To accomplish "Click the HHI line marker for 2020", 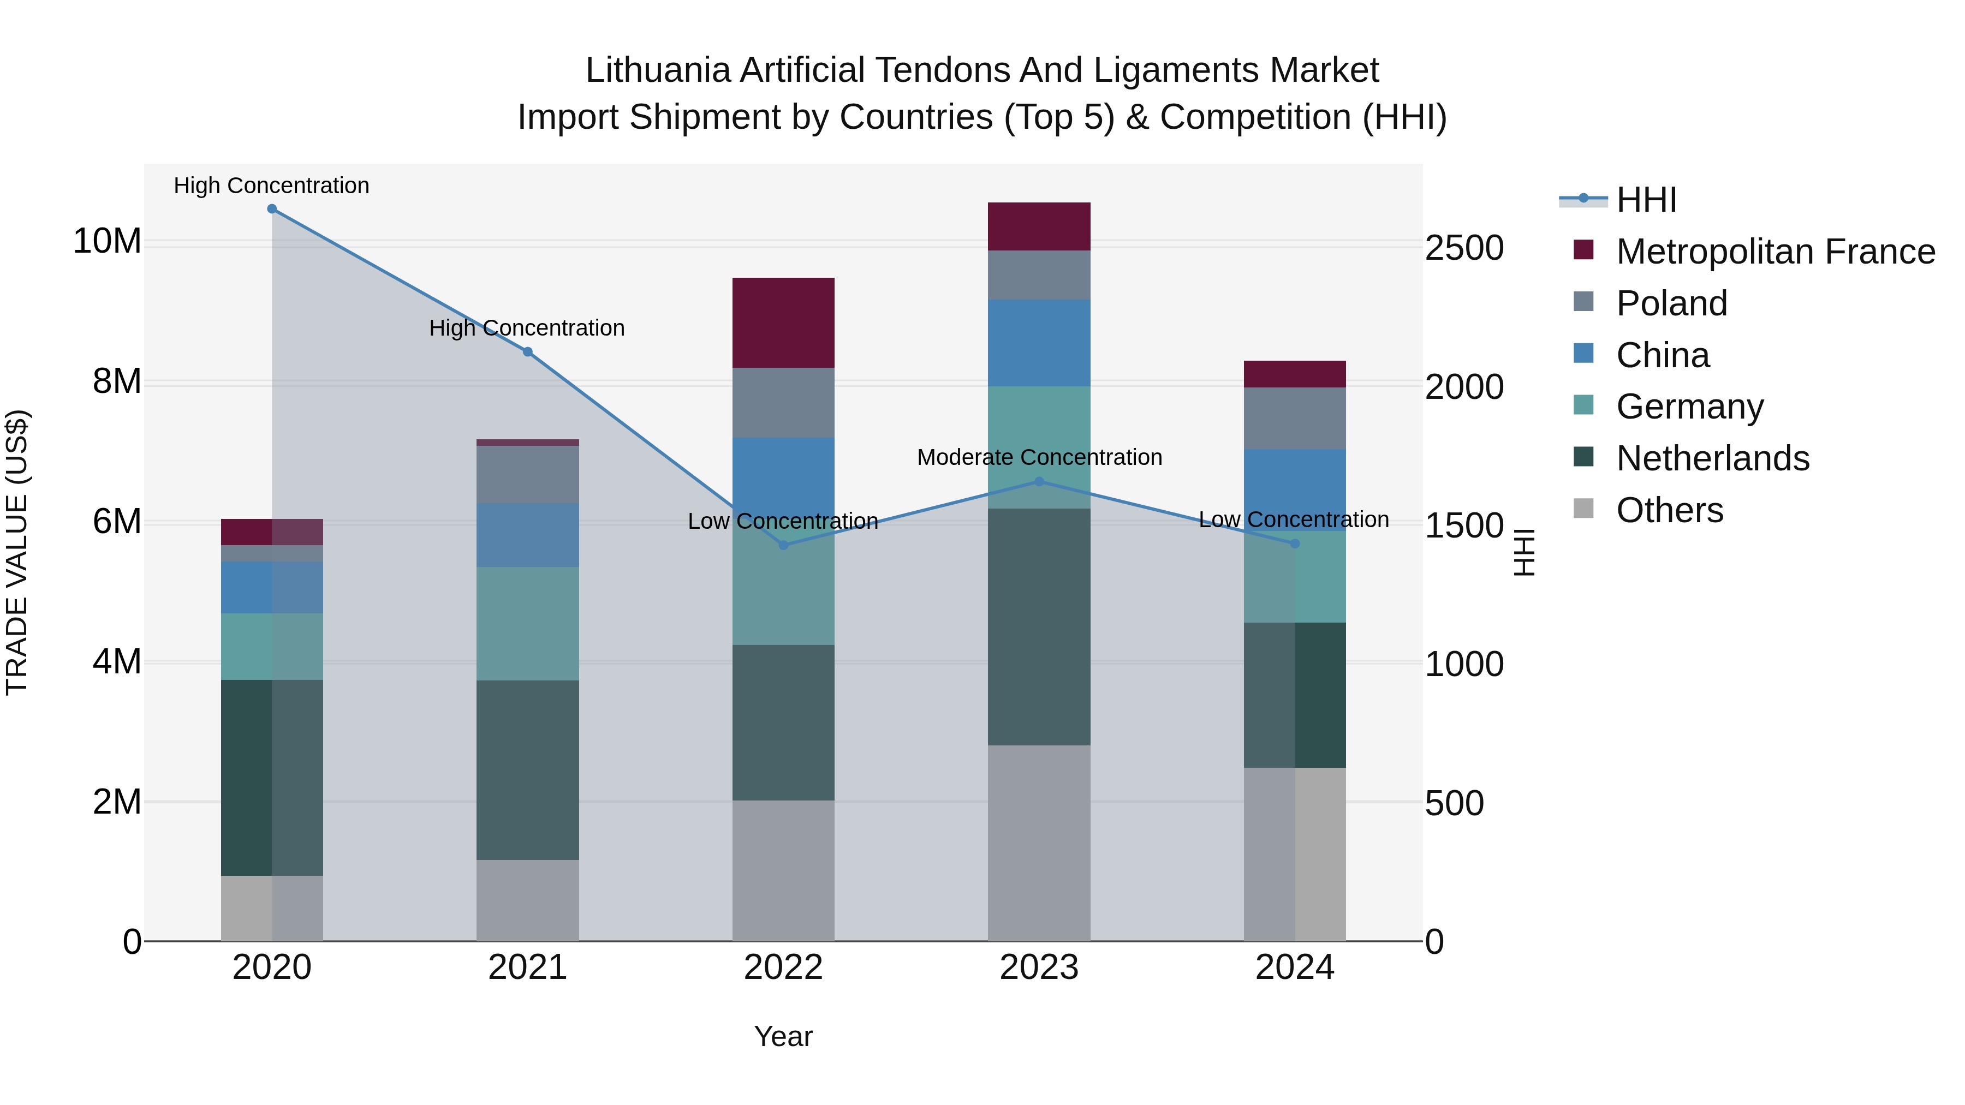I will pyautogui.click(x=272, y=209).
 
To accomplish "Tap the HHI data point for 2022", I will pyautogui.click(x=783, y=545).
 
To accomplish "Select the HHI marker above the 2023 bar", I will pyautogui.click(x=1039, y=482).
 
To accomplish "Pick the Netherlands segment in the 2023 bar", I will pyautogui.click(x=1039, y=627).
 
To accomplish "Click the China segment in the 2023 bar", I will pyautogui.click(x=1039, y=343).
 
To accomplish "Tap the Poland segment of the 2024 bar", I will pyautogui.click(x=1295, y=418).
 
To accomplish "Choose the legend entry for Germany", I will pyautogui.click(x=1689, y=407).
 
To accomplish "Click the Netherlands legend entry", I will pyautogui.click(x=1712, y=458).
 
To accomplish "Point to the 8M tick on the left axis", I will pyautogui.click(x=117, y=381).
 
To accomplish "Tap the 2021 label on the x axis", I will pyautogui.click(x=527, y=967).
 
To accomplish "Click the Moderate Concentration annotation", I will pyautogui.click(x=1039, y=458).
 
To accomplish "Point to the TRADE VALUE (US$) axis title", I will pyautogui.click(x=17, y=553).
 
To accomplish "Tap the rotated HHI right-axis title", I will pyautogui.click(x=1523, y=553).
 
